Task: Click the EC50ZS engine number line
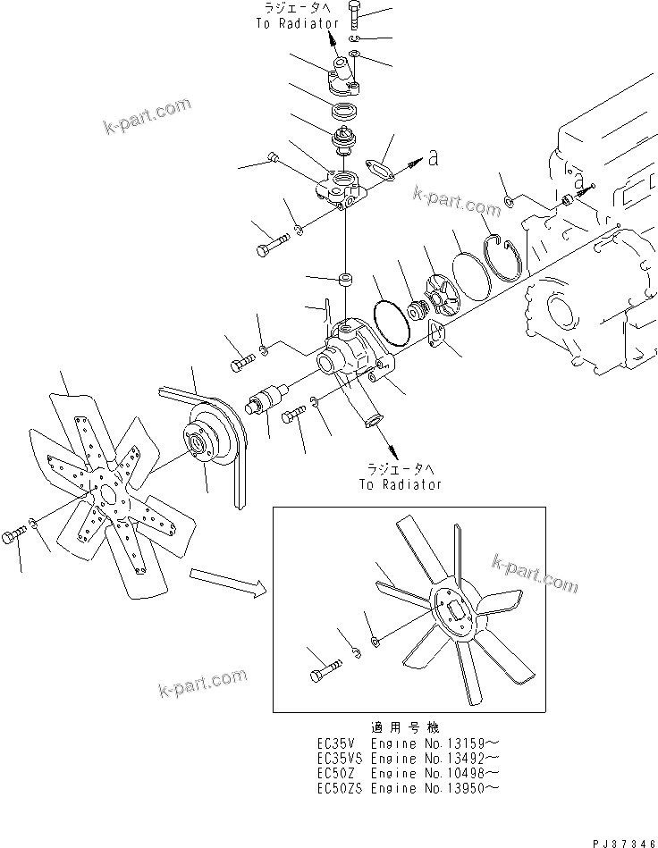point(407,787)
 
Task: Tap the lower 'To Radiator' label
point(401,484)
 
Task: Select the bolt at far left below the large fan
point(14,536)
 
